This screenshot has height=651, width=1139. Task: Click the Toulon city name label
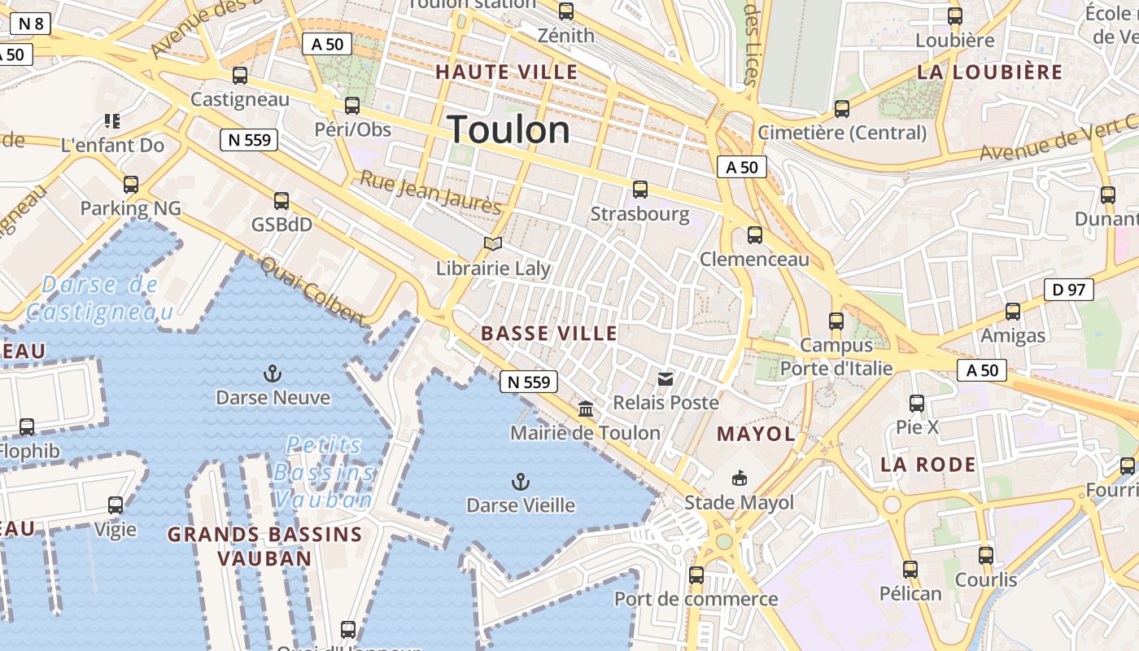pos(508,129)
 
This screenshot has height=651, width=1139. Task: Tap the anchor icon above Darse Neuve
pos(273,374)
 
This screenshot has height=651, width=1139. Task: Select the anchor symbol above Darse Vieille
pos(520,482)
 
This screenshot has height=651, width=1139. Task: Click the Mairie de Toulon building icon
pos(586,409)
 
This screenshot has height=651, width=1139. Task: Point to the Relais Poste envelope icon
pos(666,378)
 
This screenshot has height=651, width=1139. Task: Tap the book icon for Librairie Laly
pos(492,243)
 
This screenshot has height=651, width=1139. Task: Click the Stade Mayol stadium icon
pos(739,478)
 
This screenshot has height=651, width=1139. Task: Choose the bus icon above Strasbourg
pos(640,190)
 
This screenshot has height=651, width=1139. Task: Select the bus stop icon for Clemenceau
pos(755,235)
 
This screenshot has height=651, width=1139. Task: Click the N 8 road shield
pos(30,24)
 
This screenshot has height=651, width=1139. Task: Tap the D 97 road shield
pos(1068,290)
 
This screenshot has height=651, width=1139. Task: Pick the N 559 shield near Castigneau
pos(249,140)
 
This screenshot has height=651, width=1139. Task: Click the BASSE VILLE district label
pos(549,334)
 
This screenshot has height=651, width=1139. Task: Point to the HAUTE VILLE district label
pos(506,72)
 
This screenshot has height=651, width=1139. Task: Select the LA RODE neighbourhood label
pos(927,465)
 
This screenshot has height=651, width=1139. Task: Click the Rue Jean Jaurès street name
pos(430,193)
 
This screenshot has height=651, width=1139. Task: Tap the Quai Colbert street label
pos(313,291)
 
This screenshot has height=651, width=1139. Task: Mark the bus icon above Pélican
pos(910,570)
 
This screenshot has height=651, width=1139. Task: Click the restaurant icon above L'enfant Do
pos(112,121)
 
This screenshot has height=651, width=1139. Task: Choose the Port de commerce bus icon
pos(696,575)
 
